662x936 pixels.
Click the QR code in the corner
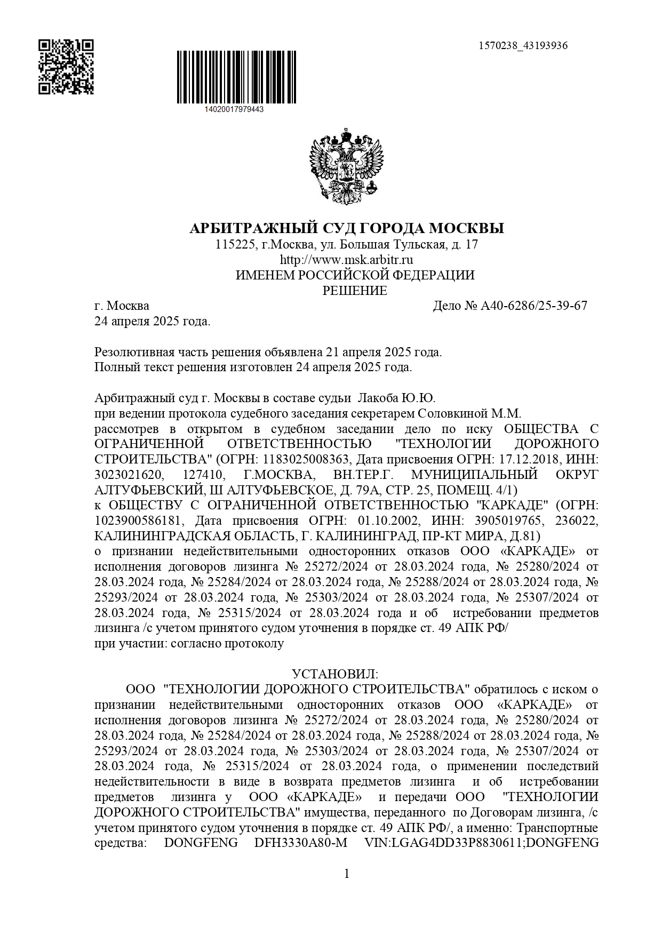click(66, 67)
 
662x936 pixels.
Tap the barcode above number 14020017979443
click(236, 77)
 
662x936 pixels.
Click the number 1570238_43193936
click(523, 45)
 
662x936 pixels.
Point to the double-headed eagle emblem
click(347, 166)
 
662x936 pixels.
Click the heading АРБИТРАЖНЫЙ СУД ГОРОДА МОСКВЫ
click(347, 229)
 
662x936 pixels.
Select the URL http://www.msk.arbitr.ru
click(347, 260)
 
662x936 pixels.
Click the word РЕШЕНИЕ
click(355, 291)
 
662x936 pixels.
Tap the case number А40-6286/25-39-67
click(534, 306)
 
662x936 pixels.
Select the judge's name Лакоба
click(377, 398)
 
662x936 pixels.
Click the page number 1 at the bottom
click(347, 874)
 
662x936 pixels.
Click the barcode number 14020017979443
click(234, 109)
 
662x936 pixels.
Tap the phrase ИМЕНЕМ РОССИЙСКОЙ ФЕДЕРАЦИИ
click(355, 276)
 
